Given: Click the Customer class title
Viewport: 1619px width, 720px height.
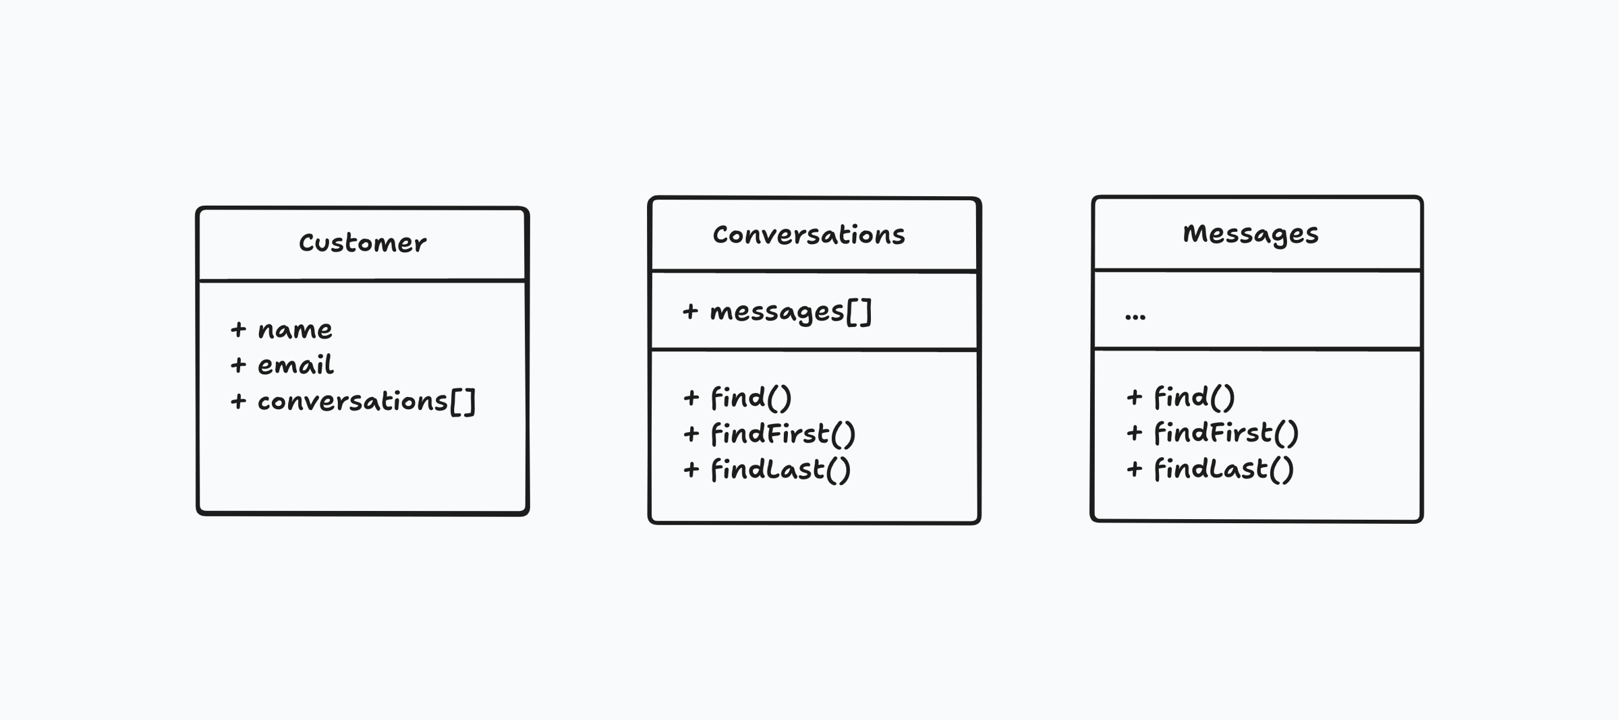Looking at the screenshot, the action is pyautogui.click(x=362, y=243).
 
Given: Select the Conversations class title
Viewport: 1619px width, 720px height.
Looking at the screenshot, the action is pyautogui.click(x=809, y=235).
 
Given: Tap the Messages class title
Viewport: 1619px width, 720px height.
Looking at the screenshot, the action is pyautogui.click(x=1251, y=234).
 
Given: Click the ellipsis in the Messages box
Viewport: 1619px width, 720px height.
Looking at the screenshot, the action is pyautogui.click(x=1135, y=317).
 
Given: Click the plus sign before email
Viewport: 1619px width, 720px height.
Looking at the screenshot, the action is pyautogui.click(x=238, y=365).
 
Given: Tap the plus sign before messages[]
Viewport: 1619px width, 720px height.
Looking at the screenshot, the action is pyautogui.click(x=689, y=311).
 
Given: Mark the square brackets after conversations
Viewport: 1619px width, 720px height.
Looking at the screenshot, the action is pyautogui.click(x=463, y=402).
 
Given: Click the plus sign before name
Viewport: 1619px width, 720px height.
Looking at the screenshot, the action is pyautogui.click(x=238, y=330).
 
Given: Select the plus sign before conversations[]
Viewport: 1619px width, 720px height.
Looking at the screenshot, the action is pyautogui.click(x=238, y=402).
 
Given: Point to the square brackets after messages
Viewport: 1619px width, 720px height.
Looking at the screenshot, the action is pyautogui.click(x=859, y=312).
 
